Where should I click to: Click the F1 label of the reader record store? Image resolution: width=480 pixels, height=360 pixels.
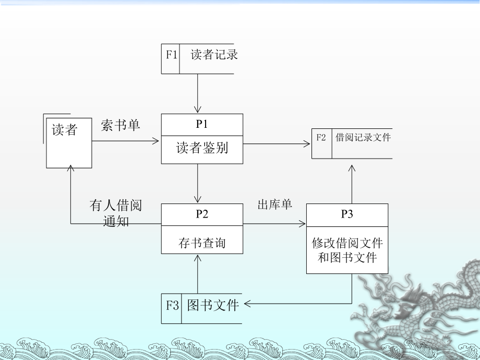pyautogui.click(x=172, y=54)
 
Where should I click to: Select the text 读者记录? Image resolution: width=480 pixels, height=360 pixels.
pyautogui.click(x=214, y=54)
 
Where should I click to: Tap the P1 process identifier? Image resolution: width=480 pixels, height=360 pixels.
pyautogui.click(x=202, y=124)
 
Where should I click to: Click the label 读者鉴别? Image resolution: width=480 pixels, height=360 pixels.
pyautogui.click(x=202, y=148)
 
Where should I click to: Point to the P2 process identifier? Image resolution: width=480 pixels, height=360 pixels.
pyautogui.click(x=202, y=214)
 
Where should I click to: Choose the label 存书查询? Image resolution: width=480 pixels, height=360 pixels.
pyautogui.click(x=202, y=242)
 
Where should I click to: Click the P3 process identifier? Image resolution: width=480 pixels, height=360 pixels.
pyautogui.click(x=347, y=214)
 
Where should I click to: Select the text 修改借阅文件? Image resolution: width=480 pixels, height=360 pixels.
pyautogui.click(x=347, y=243)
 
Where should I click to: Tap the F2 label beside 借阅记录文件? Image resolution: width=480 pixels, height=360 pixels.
pyautogui.click(x=321, y=138)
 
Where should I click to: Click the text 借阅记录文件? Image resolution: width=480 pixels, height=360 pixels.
pyautogui.click(x=363, y=138)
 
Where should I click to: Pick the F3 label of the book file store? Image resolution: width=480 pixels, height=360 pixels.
pyautogui.click(x=173, y=305)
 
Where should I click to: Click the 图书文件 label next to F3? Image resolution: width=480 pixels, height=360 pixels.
pyautogui.click(x=212, y=305)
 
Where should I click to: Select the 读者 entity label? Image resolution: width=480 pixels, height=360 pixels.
pyautogui.click(x=65, y=130)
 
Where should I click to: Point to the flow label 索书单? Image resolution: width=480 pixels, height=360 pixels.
pyautogui.click(x=121, y=125)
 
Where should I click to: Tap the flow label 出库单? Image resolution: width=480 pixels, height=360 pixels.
pyautogui.click(x=275, y=205)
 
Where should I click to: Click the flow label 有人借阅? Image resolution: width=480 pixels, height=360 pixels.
pyautogui.click(x=115, y=206)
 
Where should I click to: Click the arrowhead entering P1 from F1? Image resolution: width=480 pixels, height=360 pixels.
pyautogui.click(x=198, y=110)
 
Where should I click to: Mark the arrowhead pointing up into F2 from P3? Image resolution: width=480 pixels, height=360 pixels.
pyautogui.click(x=352, y=169)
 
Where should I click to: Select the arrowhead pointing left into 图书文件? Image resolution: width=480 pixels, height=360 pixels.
pyautogui.click(x=247, y=303)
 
